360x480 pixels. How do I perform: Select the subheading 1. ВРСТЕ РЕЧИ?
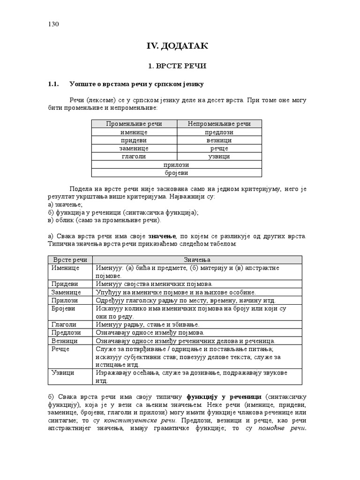177,67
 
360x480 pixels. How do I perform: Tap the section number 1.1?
52,84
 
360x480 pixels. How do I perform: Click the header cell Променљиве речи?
134,124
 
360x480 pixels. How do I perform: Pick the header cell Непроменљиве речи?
219,124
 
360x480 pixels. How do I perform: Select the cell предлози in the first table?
219,132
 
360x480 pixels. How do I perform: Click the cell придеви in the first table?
134,140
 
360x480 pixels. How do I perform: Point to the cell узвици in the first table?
219,157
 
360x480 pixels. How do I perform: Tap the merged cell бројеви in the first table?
176,173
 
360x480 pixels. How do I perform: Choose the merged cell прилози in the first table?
176,165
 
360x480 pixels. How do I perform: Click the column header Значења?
197,260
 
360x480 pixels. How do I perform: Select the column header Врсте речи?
70,260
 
